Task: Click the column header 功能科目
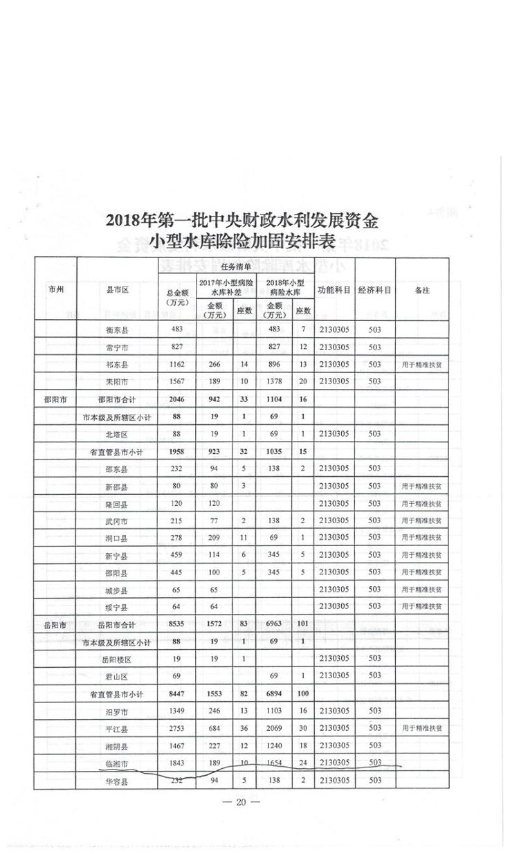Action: click(x=334, y=290)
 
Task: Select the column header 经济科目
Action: click(x=375, y=290)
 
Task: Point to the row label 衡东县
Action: click(x=116, y=329)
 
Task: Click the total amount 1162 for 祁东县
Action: click(x=176, y=363)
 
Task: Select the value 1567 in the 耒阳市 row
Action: click(x=176, y=381)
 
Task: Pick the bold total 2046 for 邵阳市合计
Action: click(x=176, y=399)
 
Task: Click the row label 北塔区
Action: click(x=116, y=434)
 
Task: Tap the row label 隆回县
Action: click(x=116, y=503)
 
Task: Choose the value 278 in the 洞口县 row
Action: click(x=176, y=538)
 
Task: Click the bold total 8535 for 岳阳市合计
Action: click(x=176, y=625)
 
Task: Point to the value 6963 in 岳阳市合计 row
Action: click(x=275, y=625)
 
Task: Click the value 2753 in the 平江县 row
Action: click(x=176, y=728)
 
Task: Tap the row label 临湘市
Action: click(x=116, y=763)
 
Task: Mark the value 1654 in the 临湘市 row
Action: click(x=275, y=763)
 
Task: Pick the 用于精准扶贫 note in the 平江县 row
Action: click(x=422, y=728)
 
